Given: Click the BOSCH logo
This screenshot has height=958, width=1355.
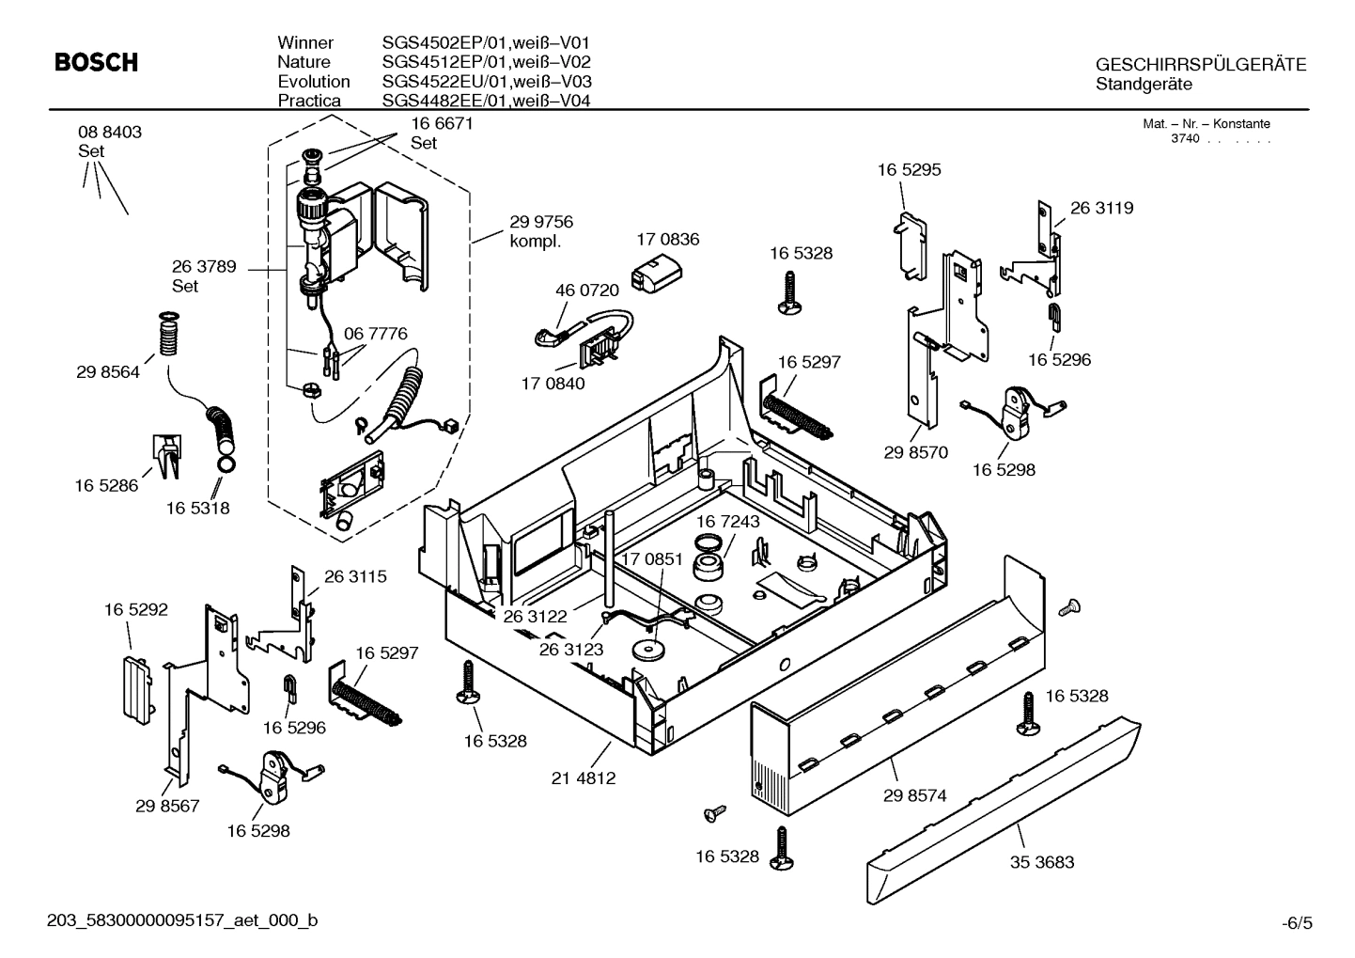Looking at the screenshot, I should coord(96,63).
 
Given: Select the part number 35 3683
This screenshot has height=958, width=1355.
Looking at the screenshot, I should coord(1041,861).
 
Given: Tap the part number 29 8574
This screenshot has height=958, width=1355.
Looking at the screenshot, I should coord(914,795).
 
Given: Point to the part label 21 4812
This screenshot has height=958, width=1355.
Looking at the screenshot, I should coord(584,777).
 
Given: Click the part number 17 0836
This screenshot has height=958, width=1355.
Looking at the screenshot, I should coord(668,240).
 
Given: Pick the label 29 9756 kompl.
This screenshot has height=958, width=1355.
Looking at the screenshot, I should coord(541,231).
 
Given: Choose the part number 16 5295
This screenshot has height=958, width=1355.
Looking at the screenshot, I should coord(909,170).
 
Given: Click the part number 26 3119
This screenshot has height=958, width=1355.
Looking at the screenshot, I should coord(1101,208).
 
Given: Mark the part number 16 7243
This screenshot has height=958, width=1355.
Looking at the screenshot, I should coord(728,521).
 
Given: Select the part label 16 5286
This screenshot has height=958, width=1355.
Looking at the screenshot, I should coord(106,485).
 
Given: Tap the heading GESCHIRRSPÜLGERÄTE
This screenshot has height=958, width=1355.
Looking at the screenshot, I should coord(1201,65).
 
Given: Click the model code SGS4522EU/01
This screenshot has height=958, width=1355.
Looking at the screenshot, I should coord(444,82).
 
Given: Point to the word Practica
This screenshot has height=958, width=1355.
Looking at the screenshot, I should coord(309,101).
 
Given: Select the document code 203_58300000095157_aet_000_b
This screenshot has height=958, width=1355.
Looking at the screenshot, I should coord(182,920).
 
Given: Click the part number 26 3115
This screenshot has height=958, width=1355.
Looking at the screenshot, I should coord(355,576).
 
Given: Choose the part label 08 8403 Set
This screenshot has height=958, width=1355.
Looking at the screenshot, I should coord(110,141).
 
